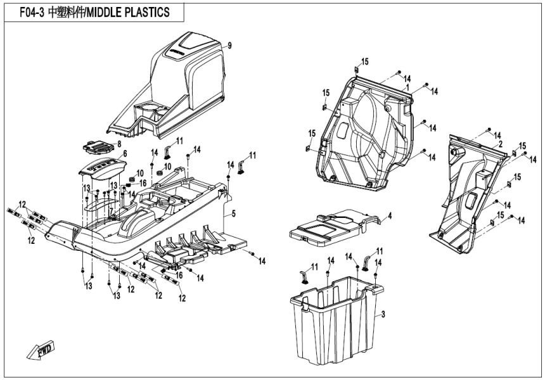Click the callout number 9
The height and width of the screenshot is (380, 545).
tap(230, 46)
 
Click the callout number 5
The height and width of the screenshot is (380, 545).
tap(233, 215)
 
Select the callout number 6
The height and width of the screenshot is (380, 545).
tap(124, 154)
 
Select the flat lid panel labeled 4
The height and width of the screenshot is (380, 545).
tap(330, 225)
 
